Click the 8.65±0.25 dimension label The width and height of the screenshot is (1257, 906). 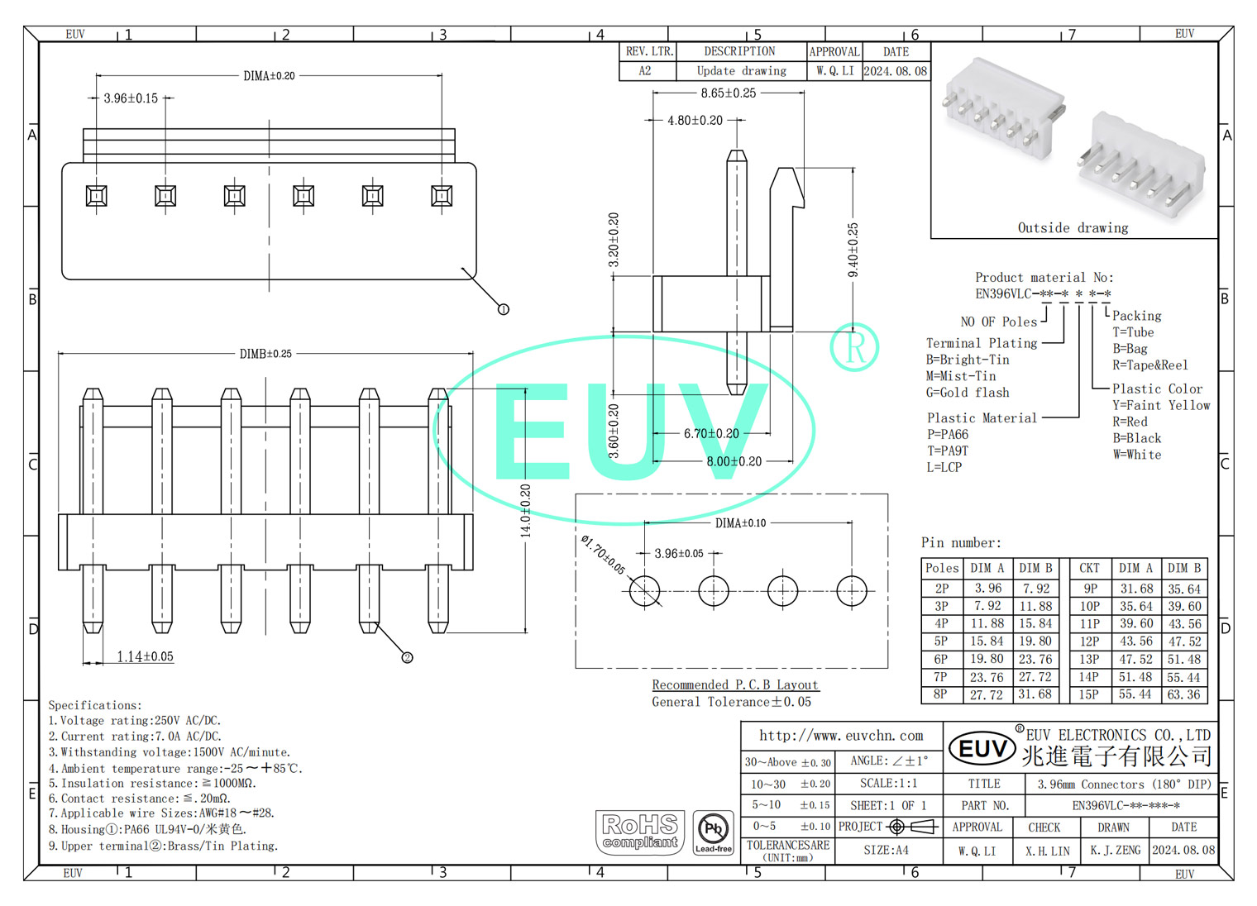pos(728,93)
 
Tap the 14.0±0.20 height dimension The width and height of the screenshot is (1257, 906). pos(525,511)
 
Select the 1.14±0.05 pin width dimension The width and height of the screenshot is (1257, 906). pos(145,657)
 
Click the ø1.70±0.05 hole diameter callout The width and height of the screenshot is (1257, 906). pos(603,555)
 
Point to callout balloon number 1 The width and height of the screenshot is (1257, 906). pos(503,309)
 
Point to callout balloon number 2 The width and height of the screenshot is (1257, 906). pos(407,658)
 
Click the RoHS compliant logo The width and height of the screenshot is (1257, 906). pos(640,832)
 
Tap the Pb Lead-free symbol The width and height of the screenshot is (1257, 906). pos(713,832)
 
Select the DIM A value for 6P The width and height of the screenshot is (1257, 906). pos(987,660)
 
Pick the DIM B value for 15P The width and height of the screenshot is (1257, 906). pos(1183,695)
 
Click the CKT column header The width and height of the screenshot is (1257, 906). pos(1089,569)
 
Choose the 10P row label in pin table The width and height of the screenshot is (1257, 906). pos(1089,607)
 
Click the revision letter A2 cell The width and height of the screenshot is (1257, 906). pos(645,71)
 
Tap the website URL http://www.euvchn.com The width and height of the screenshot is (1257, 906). pos(841,736)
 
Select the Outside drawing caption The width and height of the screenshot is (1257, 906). pos(1073,228)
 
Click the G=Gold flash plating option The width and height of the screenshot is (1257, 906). pos(968,393)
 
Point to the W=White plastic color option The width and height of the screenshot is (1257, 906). pos(1136,455)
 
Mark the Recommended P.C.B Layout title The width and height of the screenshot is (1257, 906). pos(735,685)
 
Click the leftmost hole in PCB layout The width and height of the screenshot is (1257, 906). pos(644,591)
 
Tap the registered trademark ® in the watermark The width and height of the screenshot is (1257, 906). pos(854,347)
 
